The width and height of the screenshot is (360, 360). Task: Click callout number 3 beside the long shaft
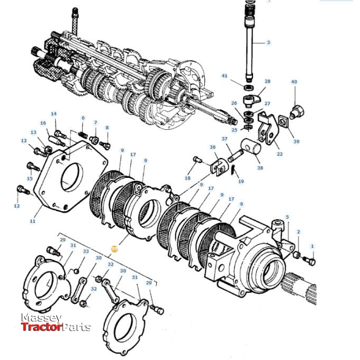[268, 42]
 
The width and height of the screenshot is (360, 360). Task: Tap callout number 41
[224, 76]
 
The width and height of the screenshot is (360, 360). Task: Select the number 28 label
[267, 82]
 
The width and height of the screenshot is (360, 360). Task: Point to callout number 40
[294, 82]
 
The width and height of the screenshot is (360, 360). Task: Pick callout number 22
[280, 154]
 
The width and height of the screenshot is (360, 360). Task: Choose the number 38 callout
[259, 168]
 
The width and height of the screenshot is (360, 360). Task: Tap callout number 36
[212, 148]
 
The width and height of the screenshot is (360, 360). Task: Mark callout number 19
[241, 182]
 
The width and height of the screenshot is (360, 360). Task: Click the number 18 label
[187, 178]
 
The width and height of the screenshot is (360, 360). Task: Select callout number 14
[53, 114]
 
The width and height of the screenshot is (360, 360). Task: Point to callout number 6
[83, 118]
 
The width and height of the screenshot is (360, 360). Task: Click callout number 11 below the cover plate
[32, 221]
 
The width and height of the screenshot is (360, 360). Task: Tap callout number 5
[287, 217]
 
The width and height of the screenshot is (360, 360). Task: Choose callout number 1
[312, 246]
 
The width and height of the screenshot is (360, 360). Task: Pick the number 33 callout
[86, 251]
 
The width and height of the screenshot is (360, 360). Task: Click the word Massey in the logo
[41, 318]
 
